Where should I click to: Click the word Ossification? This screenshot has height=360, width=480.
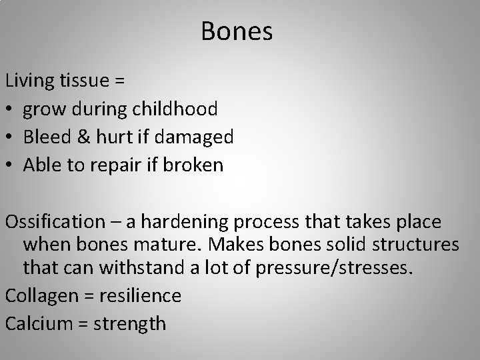[x=54, y=221]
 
